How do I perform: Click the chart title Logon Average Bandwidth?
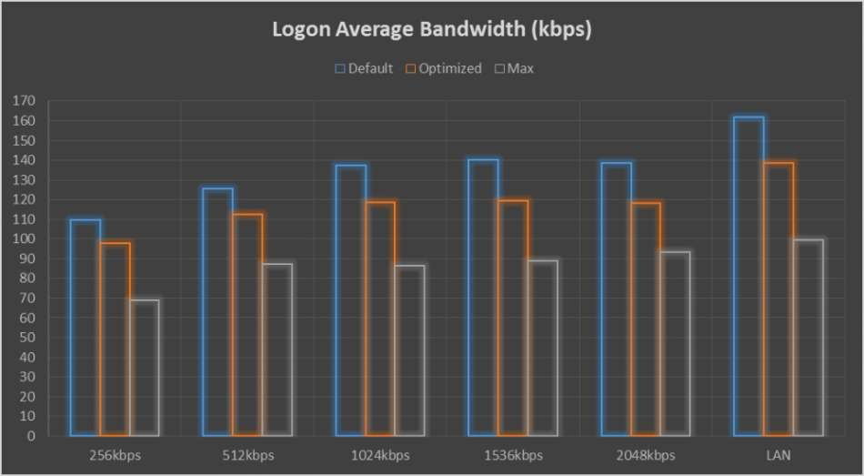(432, 29)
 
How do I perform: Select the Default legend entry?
(364, 68)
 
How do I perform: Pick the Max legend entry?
(514, 68)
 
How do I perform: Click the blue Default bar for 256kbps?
(85, 328)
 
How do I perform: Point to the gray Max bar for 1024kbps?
(409, 350)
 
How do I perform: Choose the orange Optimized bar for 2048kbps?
(646, 319)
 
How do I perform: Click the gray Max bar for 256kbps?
(145, 368)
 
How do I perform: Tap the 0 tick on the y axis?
(29, 436)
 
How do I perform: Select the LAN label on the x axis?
(779, 455)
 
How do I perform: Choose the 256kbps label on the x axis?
(116, 455)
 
